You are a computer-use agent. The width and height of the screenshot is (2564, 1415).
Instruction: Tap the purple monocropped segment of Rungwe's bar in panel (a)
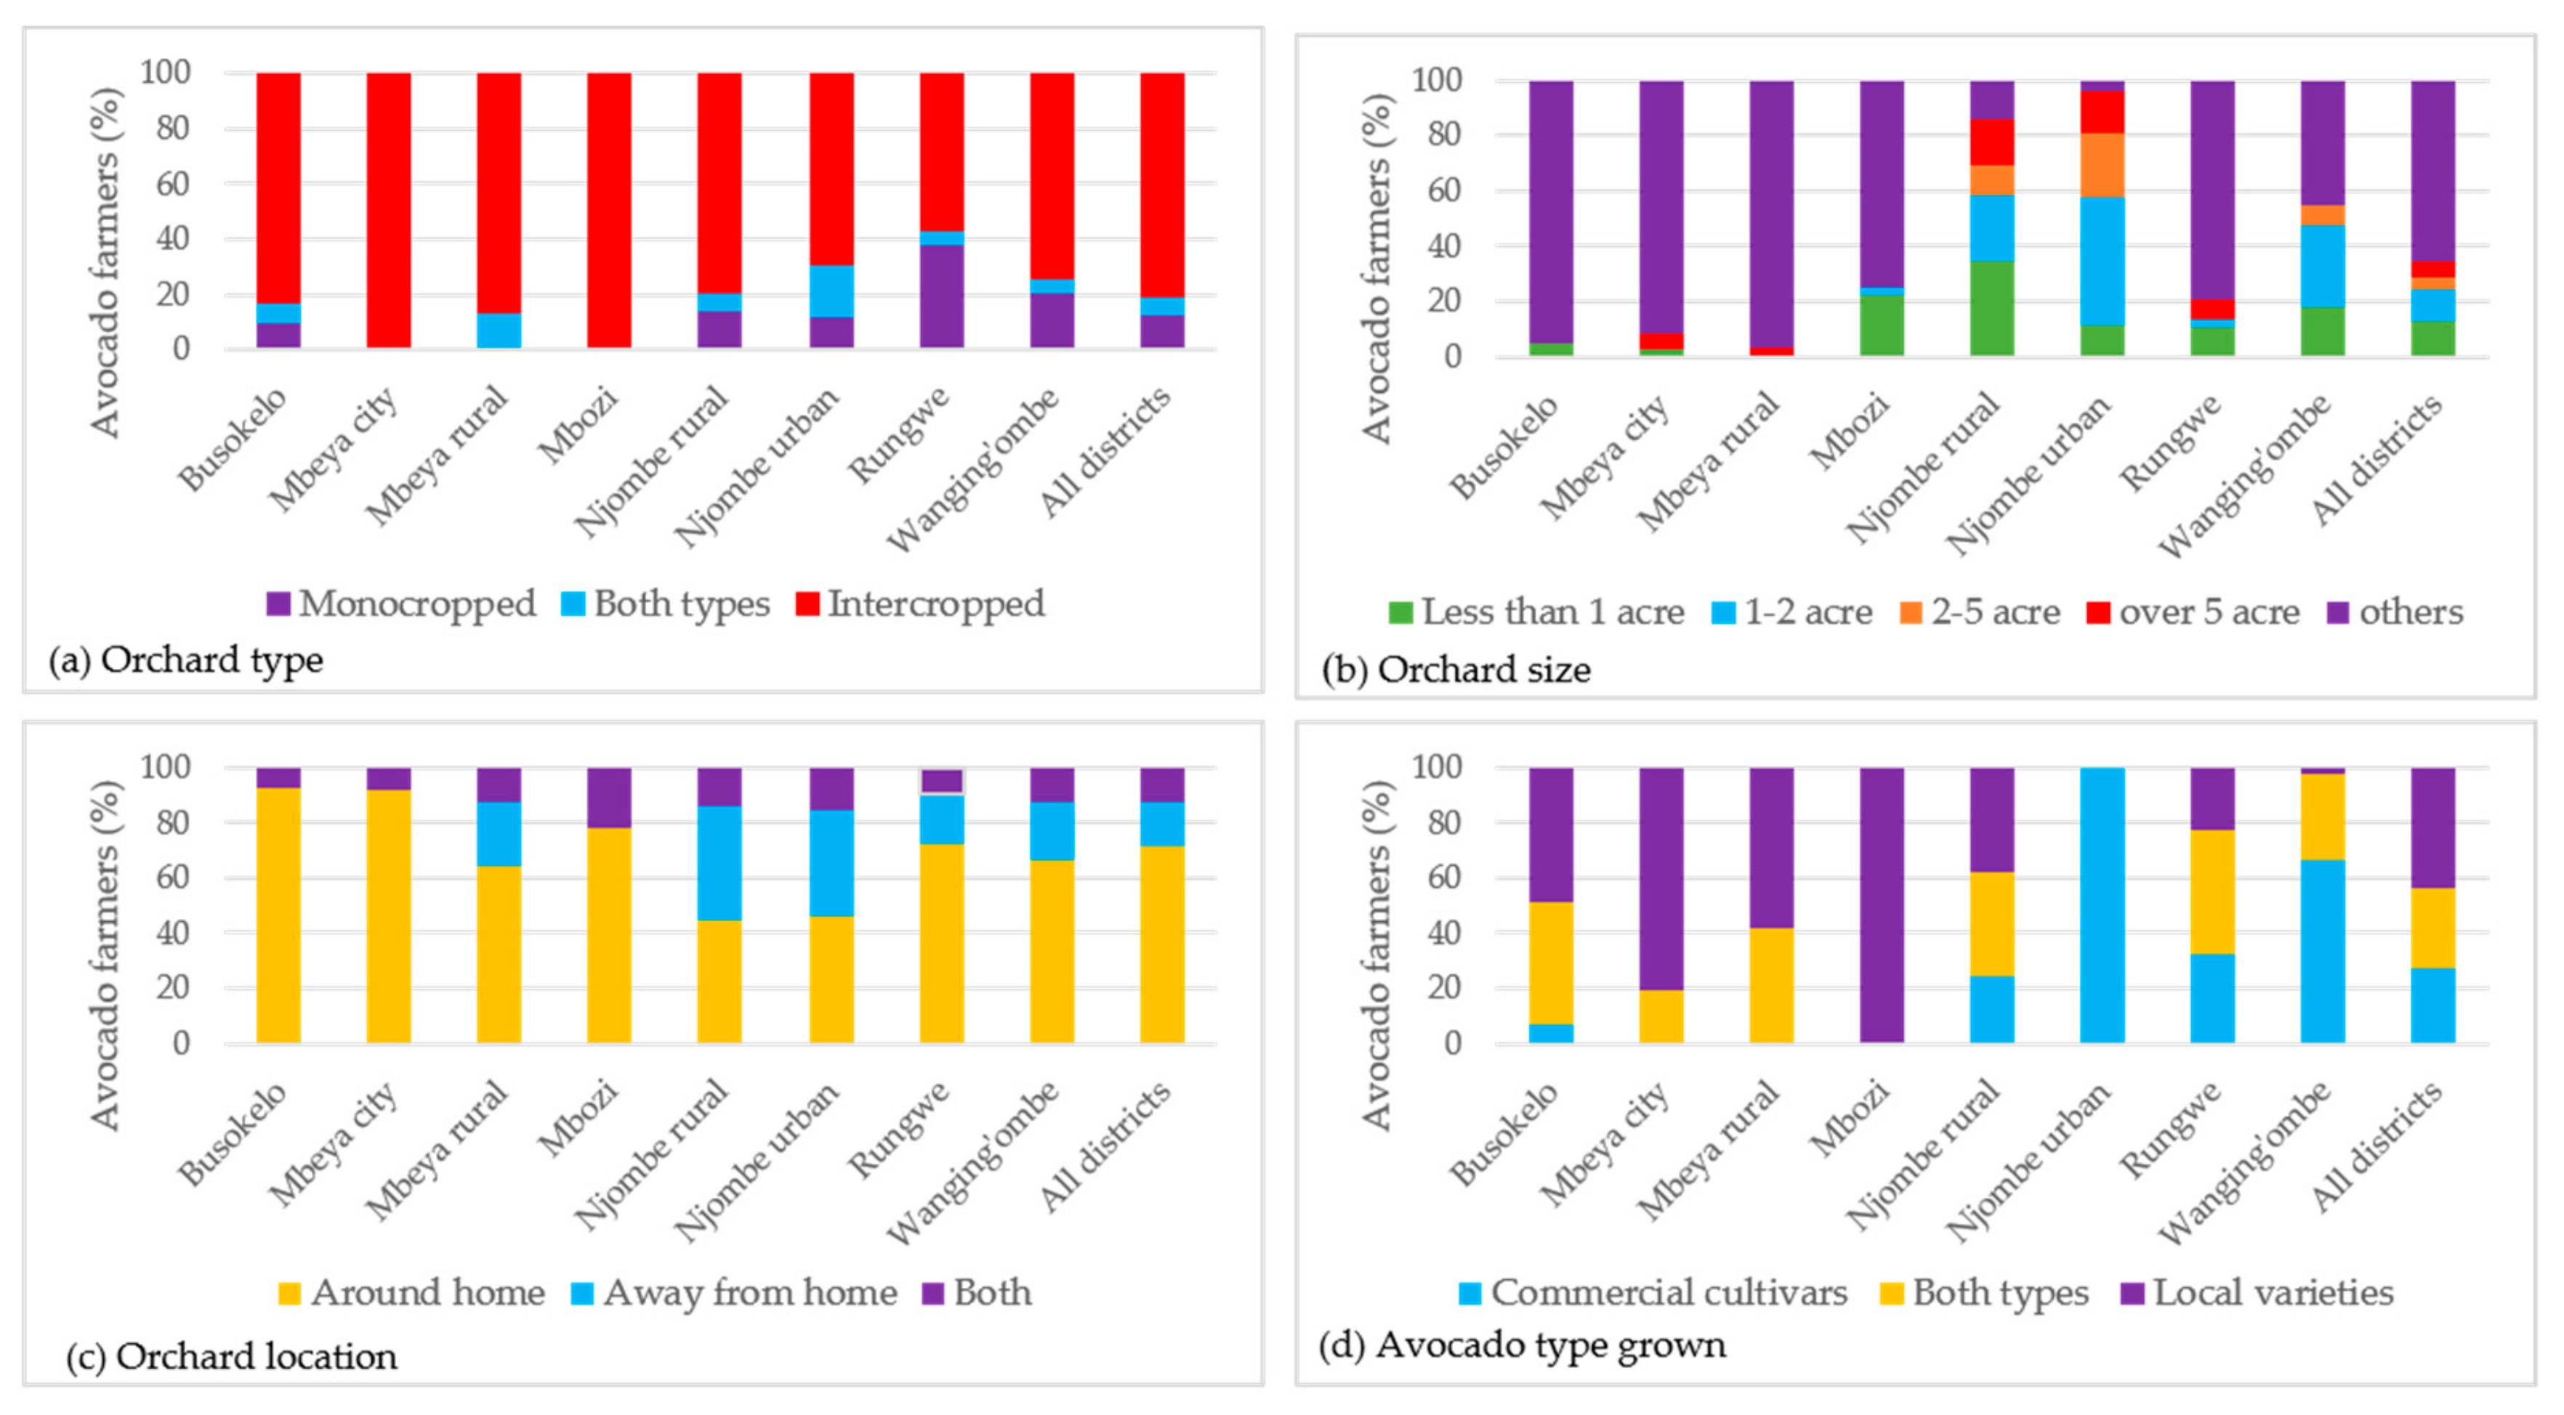(942, 296)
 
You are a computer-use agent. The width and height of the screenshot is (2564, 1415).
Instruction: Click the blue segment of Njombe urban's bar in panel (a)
(831, 291)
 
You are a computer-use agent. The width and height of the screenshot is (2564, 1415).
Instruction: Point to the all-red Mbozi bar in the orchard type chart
(609, 210)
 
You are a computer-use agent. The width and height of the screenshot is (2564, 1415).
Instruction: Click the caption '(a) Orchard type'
(186, 660)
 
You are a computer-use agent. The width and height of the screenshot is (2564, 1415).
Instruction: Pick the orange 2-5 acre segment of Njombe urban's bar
(2103, 165)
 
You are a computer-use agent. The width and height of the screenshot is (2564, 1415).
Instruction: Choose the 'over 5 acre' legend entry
(2193, 612)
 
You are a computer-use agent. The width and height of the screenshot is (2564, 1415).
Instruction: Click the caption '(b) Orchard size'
(1456, 670)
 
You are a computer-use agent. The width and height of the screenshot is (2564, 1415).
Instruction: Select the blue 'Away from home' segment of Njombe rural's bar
(719, 863)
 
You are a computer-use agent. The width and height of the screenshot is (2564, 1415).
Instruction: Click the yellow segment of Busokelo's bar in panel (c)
(278, 915)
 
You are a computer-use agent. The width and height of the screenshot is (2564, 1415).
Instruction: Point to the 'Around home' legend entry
(412, 1293)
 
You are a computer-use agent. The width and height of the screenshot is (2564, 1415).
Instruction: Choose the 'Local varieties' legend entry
(2257, 1293)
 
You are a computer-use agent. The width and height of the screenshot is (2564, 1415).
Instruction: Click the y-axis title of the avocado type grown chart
(1376, 955)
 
